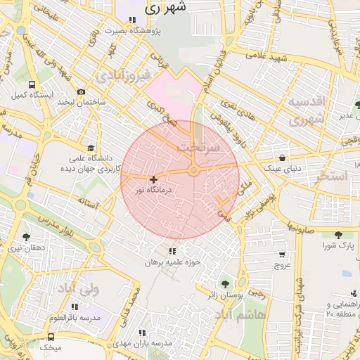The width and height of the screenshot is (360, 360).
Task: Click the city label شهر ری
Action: pos(166,8)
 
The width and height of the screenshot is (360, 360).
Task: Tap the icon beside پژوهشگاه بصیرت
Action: pos(131,20)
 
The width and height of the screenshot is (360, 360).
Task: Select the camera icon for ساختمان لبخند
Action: pos(81,92)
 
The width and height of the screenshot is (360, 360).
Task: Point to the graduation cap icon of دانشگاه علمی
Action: pos(90,148)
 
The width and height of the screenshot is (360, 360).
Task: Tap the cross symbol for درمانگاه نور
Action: pos(153,180)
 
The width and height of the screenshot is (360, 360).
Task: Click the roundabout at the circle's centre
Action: pos(193,170)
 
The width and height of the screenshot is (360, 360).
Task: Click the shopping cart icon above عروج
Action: pos(282,255)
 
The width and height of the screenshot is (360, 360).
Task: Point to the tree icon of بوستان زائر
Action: pos(225,284)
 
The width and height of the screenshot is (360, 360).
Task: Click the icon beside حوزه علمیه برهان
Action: pos(172,251)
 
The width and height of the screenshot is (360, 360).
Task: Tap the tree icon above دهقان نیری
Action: pos(26,237)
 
